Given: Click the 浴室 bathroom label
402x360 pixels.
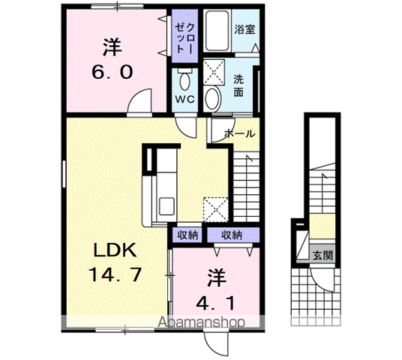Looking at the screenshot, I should [x=244, y=31].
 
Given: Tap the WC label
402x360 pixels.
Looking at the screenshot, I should [x=184, y=98].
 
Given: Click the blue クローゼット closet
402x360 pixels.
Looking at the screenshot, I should [x=184, y=34].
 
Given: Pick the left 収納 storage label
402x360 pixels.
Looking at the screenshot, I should [x=188, y=235].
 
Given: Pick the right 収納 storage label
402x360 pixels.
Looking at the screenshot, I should [x=232, y=235].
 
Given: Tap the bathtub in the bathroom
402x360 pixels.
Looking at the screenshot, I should [x=217, y=31].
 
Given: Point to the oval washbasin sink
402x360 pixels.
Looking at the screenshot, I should [x=213, y=97].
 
